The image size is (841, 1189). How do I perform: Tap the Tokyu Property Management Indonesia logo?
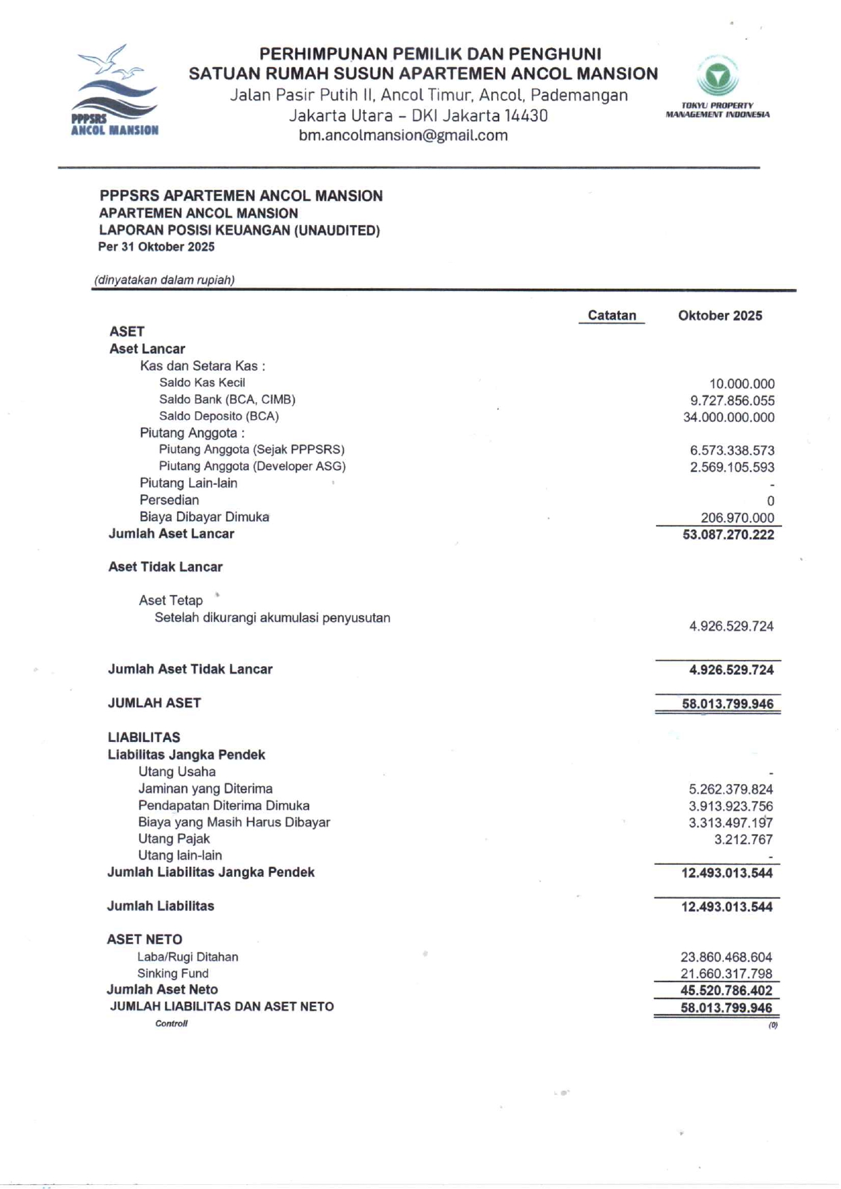click(x=718, y=87)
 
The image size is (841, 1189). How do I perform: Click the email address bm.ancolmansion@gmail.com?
click(x=403, y=135)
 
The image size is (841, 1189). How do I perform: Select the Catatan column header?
click(x=612, y=315)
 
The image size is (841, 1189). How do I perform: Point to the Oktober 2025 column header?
click(x=720, y=315)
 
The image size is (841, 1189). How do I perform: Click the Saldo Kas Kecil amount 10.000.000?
click(x=741, y=384)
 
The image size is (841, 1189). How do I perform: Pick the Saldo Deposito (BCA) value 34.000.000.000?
click(x=728, y=417)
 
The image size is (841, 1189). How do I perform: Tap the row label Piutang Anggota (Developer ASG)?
click(x=252, y=467)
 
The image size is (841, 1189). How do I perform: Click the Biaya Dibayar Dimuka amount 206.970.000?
click(x=737, y=518)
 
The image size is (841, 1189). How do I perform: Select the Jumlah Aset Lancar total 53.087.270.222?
click(x=728, y=534)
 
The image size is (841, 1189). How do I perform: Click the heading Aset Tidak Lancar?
click(x=165, y=567)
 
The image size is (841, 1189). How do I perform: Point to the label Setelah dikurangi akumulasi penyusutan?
click(x=272, y=618)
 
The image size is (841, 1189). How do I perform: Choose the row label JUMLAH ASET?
click(x=155, y=703)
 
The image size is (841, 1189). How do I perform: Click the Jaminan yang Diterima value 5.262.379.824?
click(x=730, y=790)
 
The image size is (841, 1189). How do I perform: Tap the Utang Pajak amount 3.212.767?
click(x=743, y=840)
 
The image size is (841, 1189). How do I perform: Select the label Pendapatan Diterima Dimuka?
click(x=224, y=806)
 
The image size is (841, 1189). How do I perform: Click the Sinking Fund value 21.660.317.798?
click(x=726, y=974)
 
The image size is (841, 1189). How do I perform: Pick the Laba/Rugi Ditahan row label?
click(x=188, y=957)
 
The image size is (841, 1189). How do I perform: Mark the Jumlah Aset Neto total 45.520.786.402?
click(x=726, y=990)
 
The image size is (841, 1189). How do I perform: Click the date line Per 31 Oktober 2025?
click(x=156, y=247)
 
